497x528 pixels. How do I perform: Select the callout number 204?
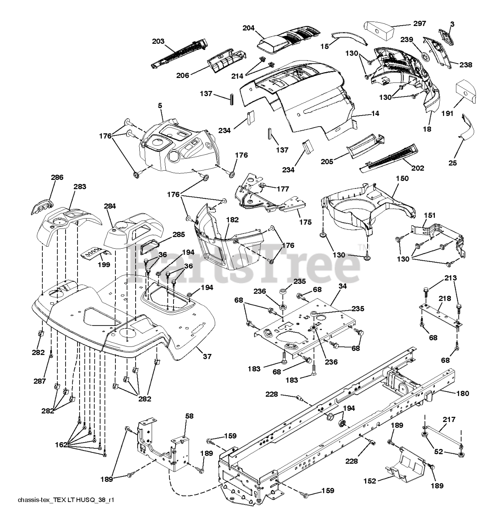coord(248,28)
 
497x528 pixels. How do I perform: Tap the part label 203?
coord(158,41)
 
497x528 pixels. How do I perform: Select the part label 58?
coord(189,416)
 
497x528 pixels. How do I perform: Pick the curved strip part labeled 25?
coord(470,129)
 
